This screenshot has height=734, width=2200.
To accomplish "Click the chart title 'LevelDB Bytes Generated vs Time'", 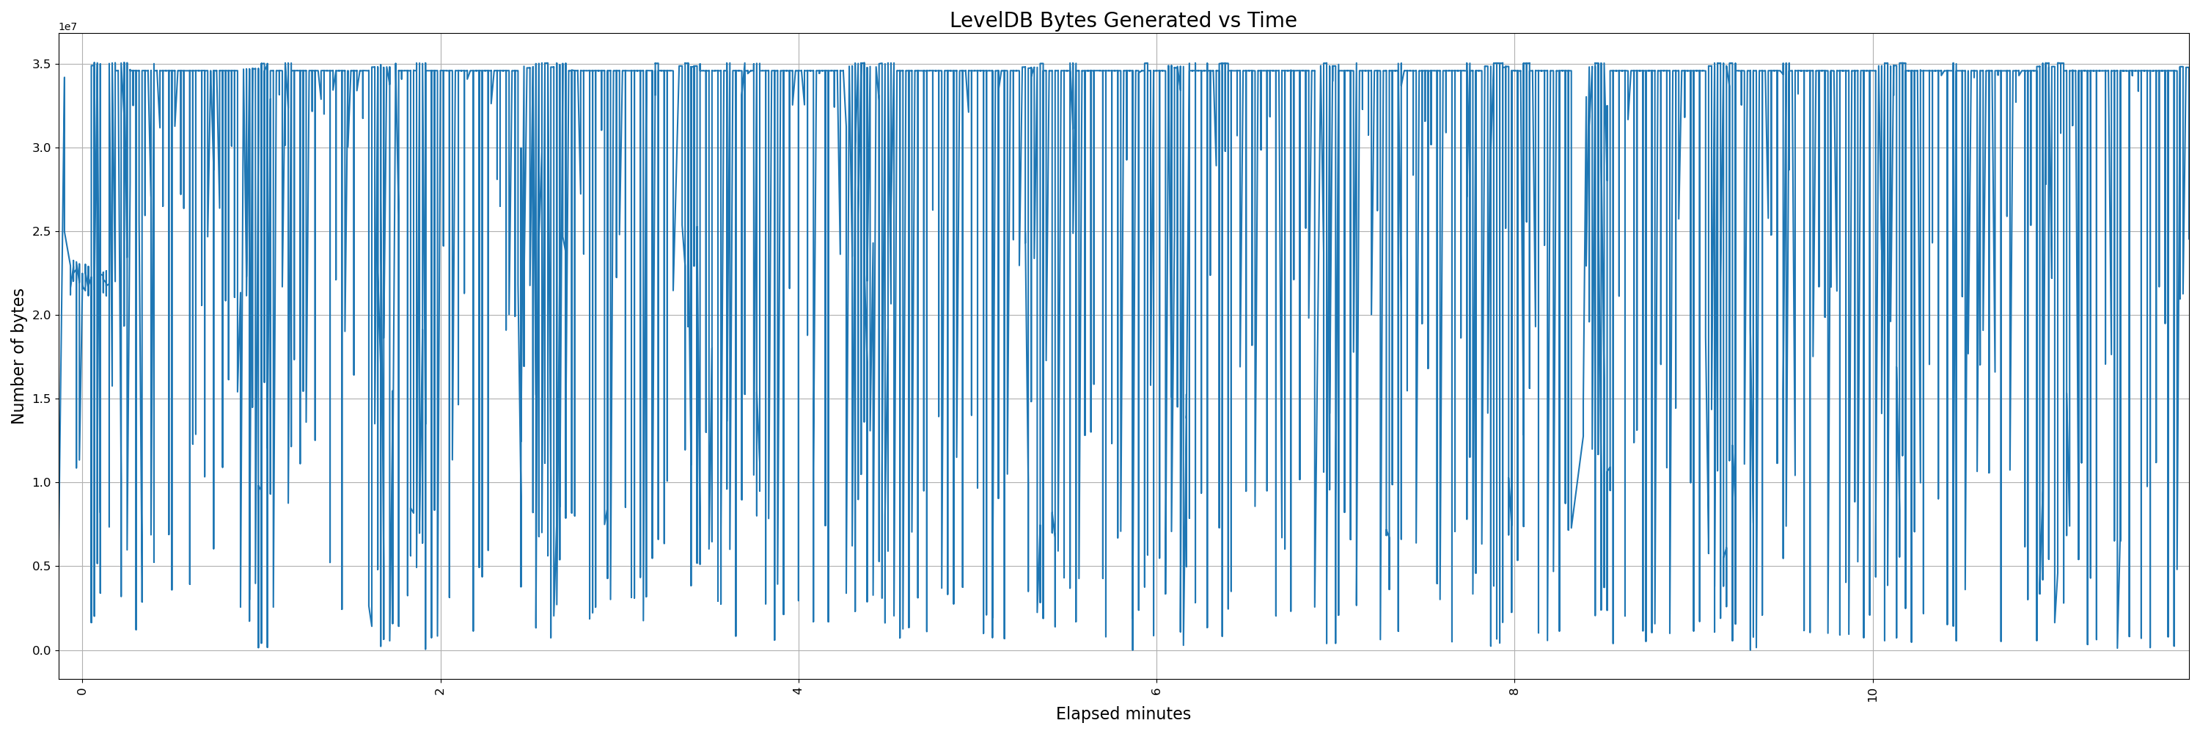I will [1122, 20].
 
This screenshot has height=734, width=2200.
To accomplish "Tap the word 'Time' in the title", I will [1272, 20].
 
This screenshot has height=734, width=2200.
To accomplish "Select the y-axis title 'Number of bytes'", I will [18, 356].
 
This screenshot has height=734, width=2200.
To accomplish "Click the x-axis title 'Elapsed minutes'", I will [1122, 713].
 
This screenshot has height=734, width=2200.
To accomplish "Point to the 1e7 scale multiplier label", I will [67, 27].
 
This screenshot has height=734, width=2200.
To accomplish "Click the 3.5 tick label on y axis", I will [41, 64].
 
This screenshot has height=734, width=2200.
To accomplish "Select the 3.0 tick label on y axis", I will [41, 148].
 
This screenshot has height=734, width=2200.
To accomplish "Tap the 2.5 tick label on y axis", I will [41, 231].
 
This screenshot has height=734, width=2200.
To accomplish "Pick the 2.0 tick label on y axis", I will [41, 316].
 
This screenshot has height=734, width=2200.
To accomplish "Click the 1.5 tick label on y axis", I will [41, 399].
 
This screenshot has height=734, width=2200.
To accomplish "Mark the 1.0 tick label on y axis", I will [41, 483].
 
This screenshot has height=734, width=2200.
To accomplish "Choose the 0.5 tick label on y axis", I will [41, 567].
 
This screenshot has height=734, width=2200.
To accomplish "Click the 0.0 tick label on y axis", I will [41, 650].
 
